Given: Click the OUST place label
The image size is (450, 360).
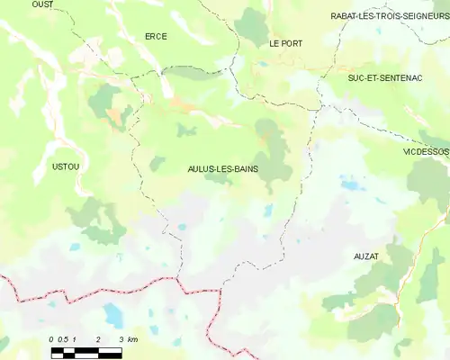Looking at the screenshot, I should coord(42,4).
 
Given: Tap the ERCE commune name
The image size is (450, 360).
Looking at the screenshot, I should coord(157,36).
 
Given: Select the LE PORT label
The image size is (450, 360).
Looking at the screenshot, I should coord(285,43).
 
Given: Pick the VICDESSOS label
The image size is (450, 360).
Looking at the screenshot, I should coord(426,152).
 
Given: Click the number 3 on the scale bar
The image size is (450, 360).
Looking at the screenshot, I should coord(121,339).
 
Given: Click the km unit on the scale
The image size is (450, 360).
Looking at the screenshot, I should coord(132,339).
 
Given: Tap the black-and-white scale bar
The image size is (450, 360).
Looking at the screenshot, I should coord(85,352).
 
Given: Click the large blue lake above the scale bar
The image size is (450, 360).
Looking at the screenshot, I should coord(113,315).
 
